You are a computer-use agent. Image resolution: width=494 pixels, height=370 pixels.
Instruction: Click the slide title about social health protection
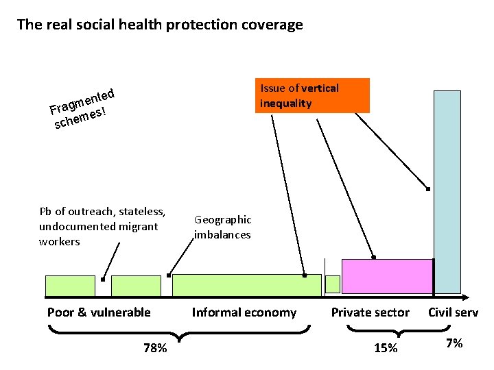tap(159, 25)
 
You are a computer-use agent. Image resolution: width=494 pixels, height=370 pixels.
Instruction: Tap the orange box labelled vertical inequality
tap(314, 96)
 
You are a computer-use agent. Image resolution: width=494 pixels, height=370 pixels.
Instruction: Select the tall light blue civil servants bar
tap(447, 192)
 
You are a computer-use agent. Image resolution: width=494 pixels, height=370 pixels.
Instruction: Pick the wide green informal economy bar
tap(246, 286)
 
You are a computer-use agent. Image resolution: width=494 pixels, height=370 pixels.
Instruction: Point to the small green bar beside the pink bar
tap(333, 284)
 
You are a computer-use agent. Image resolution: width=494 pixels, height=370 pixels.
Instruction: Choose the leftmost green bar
tap(70, 286)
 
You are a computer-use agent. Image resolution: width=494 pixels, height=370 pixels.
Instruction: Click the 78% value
tap(154, 348)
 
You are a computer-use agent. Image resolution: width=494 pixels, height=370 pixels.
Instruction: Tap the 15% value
tap(385, 348)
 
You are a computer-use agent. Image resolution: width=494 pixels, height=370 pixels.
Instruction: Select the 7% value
tap(454, 343)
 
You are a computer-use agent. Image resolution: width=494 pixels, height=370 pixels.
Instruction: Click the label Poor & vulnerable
tap(99, 312)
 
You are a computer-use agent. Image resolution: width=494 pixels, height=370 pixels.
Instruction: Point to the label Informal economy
tap(244, 312)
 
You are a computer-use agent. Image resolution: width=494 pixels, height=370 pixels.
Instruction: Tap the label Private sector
tap(370, 312)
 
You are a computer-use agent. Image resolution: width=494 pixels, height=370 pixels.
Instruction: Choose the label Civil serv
tap(454, 312)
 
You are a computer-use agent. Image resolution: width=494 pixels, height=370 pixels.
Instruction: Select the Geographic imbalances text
tap(222, 227)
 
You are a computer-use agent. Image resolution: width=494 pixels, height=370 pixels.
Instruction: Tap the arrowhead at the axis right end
tap(464, 297)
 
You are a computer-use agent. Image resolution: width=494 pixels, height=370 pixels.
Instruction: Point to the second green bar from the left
tap(136, 286)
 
